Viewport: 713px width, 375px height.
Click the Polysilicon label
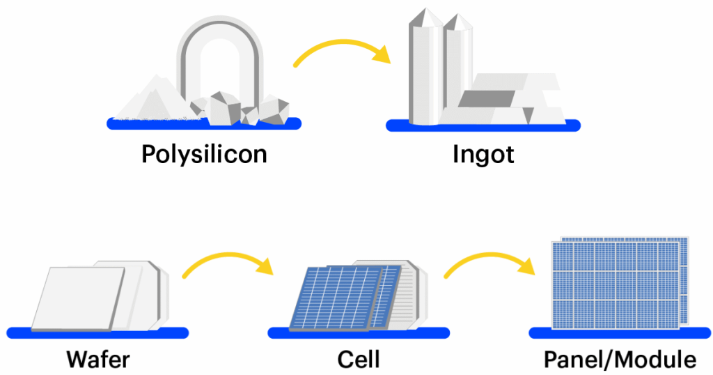204,154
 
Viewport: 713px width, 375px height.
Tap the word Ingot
483,154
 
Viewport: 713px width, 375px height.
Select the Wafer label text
98,360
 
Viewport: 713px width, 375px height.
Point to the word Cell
359,360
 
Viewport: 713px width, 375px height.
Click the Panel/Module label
620,360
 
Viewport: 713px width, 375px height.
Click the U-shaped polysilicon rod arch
220,42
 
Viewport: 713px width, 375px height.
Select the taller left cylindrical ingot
425,70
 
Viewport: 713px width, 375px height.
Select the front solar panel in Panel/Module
613,286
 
